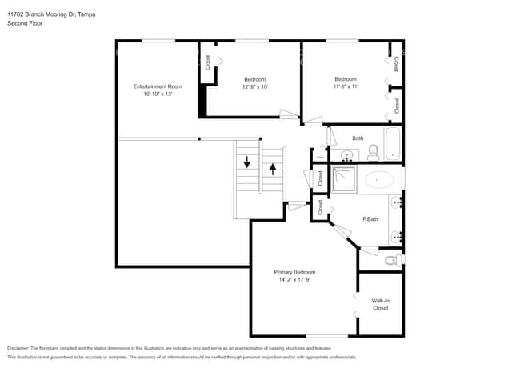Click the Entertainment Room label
click(x=158, y=86)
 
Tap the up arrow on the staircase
click(x=274, y=169)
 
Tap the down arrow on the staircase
click(x=247, y=162)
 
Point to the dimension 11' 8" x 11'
click(x=346, y=86)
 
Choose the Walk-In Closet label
click(x=380, y=304)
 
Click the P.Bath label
click(x=370, y=218)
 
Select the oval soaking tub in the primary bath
click(x=379, y=179)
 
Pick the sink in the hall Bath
click(x=347, y=154)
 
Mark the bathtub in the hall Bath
click(x=393, y=144)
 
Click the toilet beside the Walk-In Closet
click(x=390, y=260)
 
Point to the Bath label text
click(x=358, y=138)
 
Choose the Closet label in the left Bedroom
click(x=208, y=62)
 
